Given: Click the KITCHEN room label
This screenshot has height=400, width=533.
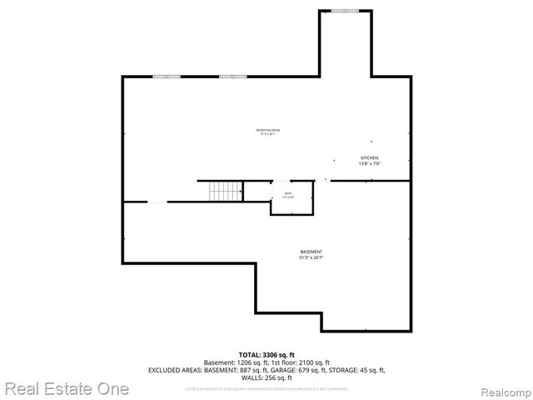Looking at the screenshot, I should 369,157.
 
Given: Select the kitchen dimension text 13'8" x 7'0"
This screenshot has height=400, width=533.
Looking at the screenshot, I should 369,163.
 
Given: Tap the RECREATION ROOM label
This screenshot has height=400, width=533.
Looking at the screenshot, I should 267,130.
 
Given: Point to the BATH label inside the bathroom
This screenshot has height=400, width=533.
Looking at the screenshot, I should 287,193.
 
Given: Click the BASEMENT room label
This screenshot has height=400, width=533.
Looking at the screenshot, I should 311,252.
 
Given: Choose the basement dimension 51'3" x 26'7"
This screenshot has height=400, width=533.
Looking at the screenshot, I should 311,257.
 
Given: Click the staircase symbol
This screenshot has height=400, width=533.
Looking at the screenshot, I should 225,191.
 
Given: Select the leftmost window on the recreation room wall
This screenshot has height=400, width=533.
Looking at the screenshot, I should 166,77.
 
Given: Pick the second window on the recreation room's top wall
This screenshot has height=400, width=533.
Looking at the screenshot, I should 232,77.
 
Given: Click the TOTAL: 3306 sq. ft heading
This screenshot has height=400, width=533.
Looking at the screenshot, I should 266,355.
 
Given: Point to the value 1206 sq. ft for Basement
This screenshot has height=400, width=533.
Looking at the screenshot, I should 251,362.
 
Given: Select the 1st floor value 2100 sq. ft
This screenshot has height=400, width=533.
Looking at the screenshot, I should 312,362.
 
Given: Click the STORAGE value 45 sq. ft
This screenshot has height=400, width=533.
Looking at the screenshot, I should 369,369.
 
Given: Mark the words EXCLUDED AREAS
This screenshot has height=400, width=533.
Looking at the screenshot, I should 175,369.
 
